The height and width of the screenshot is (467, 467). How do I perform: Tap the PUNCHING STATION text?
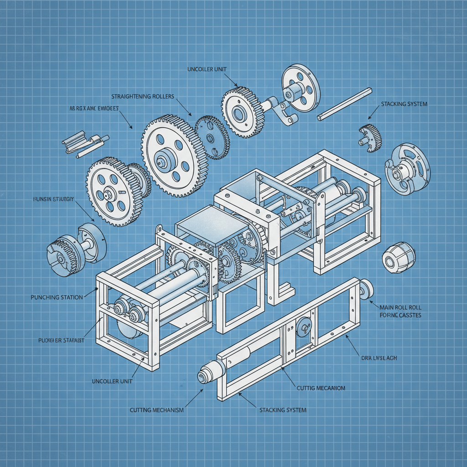pos(57,297)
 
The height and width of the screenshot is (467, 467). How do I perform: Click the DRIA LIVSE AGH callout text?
pos(379,358)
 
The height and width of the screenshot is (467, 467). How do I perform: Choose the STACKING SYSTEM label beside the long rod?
pos(404,104)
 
